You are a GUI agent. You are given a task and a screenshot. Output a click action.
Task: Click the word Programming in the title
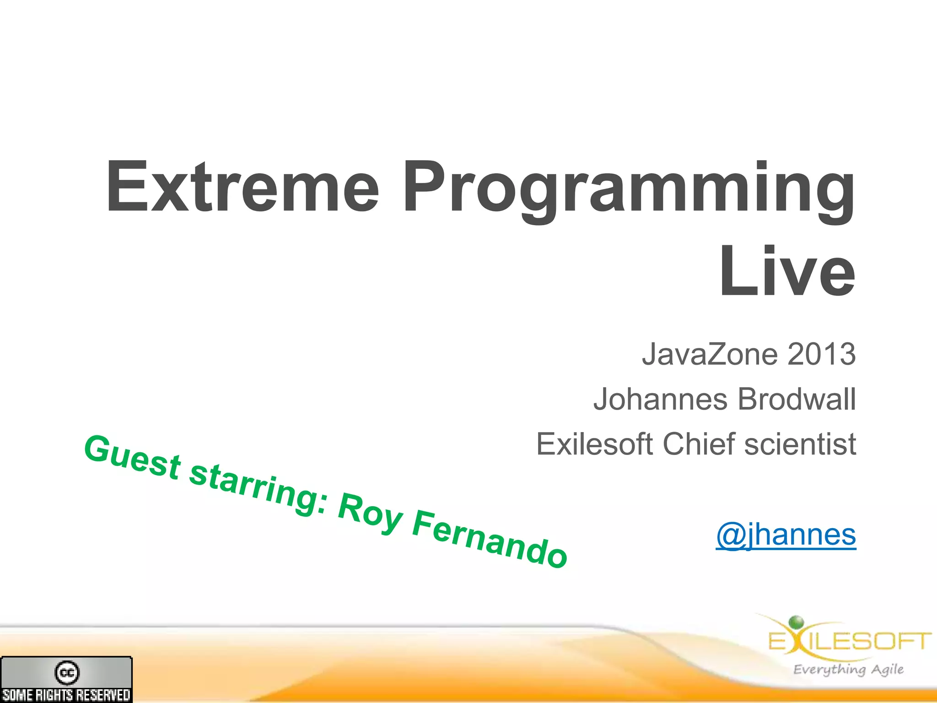[629, 190]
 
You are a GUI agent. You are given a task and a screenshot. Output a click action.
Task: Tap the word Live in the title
[787, 272]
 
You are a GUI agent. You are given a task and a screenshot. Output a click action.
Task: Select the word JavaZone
[710, 354]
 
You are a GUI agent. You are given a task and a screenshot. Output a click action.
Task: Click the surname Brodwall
[797, 399]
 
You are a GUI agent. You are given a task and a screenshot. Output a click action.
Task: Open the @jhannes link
[786, 535]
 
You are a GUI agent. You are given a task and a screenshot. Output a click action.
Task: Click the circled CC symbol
[67, 672]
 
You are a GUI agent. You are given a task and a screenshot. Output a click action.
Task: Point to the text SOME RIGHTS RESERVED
[67, 695]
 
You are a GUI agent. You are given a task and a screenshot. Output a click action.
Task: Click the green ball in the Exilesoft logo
[797, 622]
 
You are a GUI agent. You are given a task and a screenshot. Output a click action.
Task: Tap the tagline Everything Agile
[848, 670]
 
